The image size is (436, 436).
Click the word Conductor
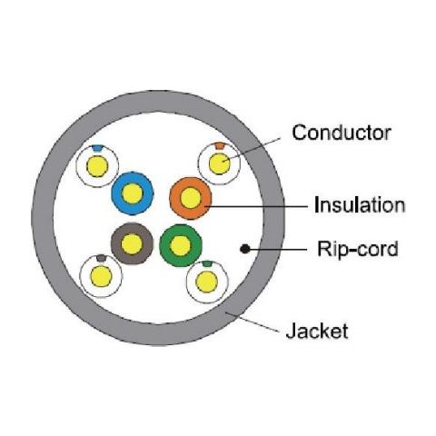(342, 133)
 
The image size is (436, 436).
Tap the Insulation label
(360, 205)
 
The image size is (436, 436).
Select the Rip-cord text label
(358, 249)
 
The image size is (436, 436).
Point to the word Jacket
(317, 331)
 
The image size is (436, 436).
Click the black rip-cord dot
(245, 249)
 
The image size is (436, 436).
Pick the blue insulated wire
(133, 193)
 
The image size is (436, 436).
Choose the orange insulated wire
(191, 198)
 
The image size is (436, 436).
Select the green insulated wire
(181, 245)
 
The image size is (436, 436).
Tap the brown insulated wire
(132, 243)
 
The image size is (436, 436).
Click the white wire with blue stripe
(97, 166)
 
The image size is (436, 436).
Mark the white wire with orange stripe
(220, 163)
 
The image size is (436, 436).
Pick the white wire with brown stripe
(101, 276)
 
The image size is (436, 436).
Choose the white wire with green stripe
(207, 282)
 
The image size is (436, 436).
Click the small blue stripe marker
(97, 148)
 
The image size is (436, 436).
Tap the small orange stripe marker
(219, 145)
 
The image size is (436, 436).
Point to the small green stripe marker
(207, 263)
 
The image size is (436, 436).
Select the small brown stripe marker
(101, 258)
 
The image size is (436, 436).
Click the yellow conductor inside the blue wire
(133, 193)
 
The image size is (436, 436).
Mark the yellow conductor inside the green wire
(181, 245)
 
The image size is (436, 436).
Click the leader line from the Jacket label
(253, 322)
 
